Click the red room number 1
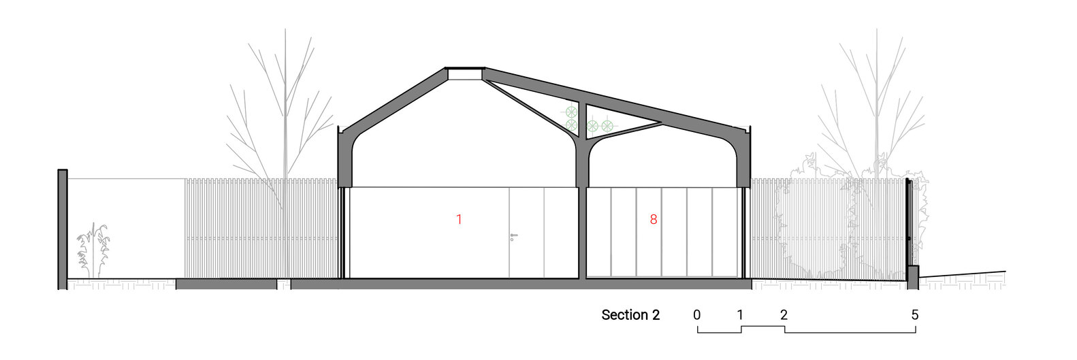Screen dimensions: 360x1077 point(459,220)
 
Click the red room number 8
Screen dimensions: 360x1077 point(654,220)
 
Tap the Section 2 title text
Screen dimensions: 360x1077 point(630,315)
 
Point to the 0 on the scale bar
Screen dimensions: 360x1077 point(697,315)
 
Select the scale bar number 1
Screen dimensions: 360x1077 point(739,315)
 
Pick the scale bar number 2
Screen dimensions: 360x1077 point(784,315)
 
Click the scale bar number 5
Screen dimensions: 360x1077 point(915,315)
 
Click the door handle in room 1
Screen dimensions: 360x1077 point(513,236)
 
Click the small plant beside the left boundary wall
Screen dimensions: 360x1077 point(93,248)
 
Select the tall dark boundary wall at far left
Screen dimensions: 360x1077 point(63,228)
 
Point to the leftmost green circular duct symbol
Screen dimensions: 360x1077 point(571,111)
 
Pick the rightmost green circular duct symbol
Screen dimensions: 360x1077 point(607,125)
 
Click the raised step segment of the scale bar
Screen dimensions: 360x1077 point(762,327)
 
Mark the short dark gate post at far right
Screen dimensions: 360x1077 point(913,276)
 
